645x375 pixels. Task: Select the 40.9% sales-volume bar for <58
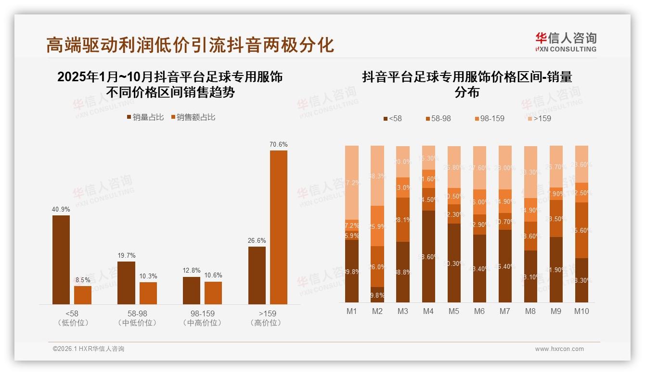pos(61,260)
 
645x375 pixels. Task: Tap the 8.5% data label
pos(83,279)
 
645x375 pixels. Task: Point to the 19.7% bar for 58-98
pos(126,283)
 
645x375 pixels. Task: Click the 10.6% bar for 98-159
pos(213,293)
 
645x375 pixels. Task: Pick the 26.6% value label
pos(257,240)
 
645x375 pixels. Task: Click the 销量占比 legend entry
pos(145,117)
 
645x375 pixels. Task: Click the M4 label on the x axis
pos(428,311)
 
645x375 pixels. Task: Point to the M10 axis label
pos(581,311)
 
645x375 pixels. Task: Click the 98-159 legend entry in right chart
pos(489,118)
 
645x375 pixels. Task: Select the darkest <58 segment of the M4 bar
pos(428,256)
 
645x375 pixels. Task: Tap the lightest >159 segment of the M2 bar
pos(377,175)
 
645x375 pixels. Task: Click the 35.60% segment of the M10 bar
pos(581,230)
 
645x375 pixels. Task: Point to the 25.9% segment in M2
pos(377,226)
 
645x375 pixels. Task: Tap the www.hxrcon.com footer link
pos(559,349)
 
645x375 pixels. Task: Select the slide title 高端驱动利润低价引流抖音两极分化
pos(190,45)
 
